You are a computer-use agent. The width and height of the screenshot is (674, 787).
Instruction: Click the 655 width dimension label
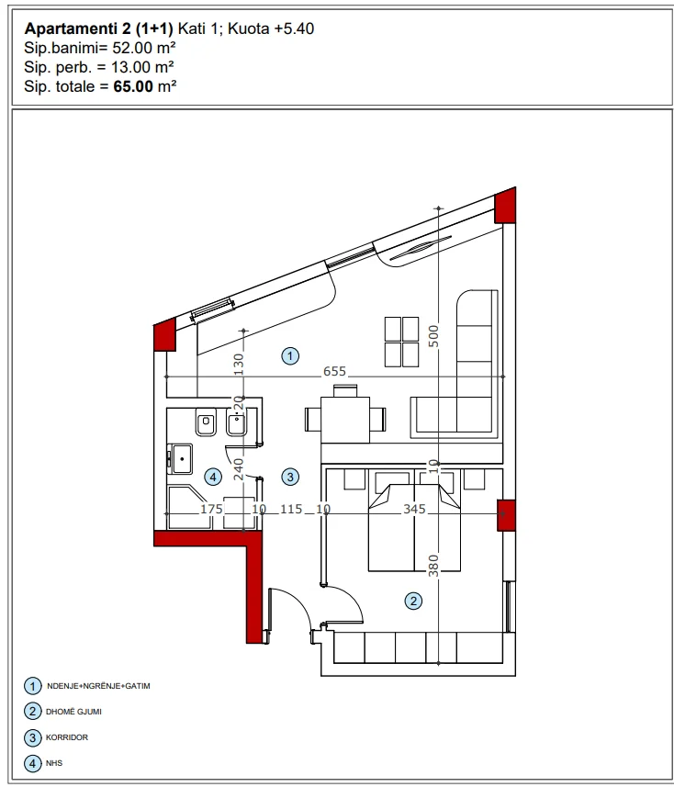[x=334, y=371]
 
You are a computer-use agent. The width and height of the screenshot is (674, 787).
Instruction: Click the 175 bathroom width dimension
[x=211, y=508]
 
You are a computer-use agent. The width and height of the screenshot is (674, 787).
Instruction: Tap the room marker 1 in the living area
[x=290, y=354]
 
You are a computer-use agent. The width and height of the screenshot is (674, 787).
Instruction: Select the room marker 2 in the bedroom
[x=413, y=601]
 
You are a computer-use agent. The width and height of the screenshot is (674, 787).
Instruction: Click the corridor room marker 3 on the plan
[x=290, y=476]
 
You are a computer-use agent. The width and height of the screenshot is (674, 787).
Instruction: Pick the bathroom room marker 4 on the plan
[x=212, y=476]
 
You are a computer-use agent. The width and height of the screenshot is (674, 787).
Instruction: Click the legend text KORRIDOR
[x=70, y=736]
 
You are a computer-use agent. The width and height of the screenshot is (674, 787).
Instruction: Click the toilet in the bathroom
[x=206, y=424]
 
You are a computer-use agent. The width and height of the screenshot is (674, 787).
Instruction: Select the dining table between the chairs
[x=344, y=419]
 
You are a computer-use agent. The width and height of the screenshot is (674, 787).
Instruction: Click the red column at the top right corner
[x=506, y=208]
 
